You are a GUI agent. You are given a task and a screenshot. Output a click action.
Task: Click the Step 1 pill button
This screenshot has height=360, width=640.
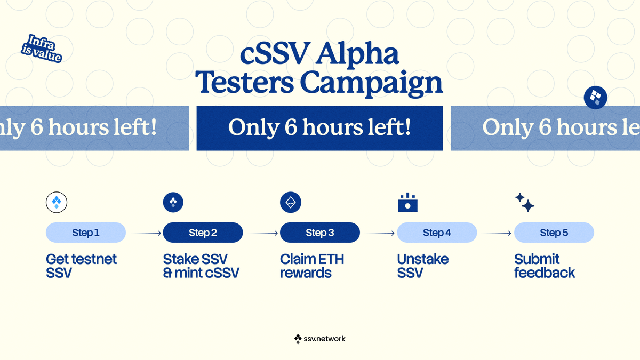tap(86, 233)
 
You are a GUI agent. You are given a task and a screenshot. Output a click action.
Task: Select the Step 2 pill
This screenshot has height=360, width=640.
tap(203, 233)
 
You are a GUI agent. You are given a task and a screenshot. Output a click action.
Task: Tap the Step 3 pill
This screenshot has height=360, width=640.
tap(320, 233)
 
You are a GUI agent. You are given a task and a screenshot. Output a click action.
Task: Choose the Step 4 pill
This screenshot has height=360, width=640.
tap(437, 233)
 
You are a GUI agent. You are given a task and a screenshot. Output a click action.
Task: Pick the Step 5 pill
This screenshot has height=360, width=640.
tap(554, 233)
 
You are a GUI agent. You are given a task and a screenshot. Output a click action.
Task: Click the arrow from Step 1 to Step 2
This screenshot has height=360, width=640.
tap(147, 233)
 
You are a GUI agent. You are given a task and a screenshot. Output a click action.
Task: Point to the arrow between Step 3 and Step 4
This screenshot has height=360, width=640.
tap(381, 233)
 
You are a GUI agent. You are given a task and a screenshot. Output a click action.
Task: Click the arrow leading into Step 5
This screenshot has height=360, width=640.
tap(498, 233)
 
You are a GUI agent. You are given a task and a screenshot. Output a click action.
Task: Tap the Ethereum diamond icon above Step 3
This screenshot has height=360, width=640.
tap(291, 203)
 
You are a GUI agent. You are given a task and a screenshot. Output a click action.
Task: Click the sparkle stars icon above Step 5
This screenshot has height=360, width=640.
tap(525, 203)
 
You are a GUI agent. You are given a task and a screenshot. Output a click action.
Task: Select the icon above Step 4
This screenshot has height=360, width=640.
tap(407, 203)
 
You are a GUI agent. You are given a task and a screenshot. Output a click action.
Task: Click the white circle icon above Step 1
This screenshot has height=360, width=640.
tap(57, 203)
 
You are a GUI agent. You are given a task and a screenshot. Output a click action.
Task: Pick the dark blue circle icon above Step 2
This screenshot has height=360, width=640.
tap(173, 203)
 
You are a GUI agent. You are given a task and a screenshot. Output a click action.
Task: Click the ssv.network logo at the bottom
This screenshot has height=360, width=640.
tap(320, 339)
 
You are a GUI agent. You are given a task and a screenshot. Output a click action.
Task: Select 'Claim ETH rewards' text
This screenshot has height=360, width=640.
tap(312, 266)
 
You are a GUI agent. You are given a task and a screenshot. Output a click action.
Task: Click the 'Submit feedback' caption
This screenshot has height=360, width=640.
tap(544, 266)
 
